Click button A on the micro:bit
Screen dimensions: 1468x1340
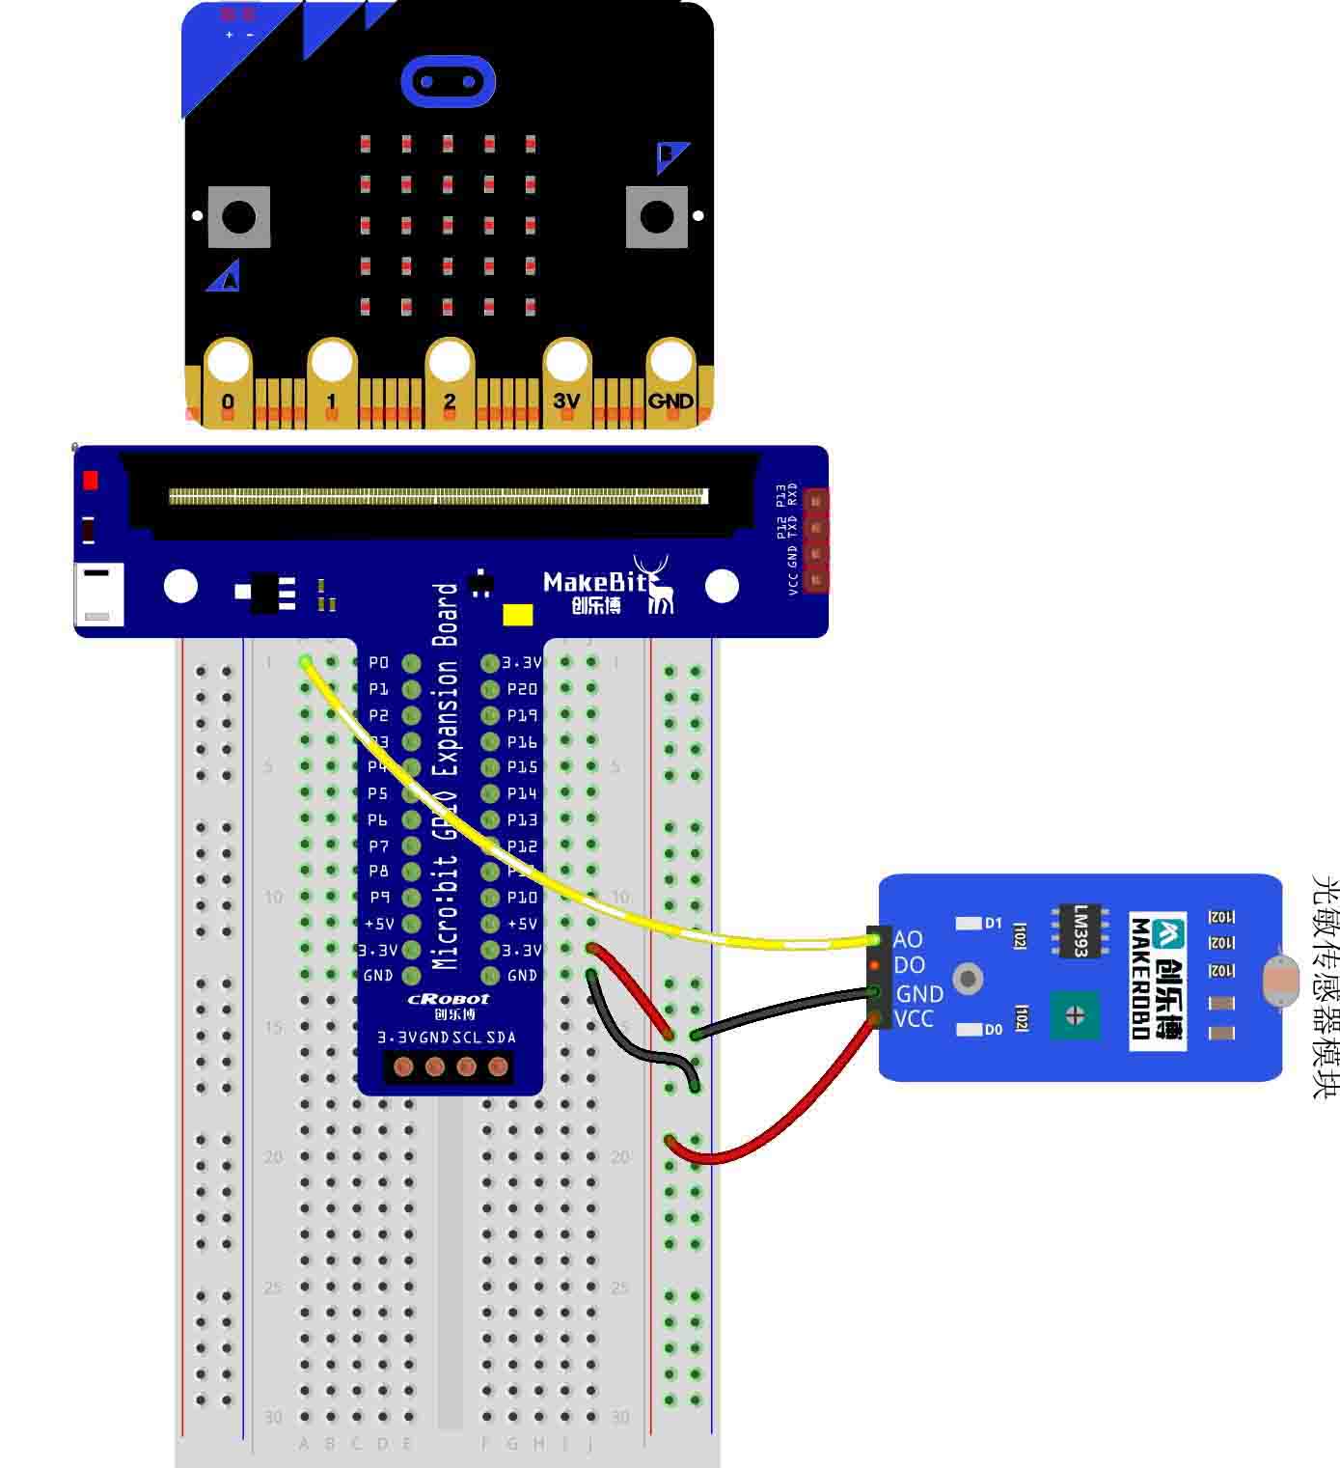[238, 217]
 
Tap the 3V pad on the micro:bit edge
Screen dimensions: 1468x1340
[566, 400]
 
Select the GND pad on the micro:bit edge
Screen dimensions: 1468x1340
[670, 400]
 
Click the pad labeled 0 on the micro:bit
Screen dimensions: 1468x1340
[228, 401]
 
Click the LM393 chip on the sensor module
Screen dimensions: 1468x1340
[1080, 930]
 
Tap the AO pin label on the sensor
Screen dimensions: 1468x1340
[908, 939]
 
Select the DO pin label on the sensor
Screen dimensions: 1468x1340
[909, 965]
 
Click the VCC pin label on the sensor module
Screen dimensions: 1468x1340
[913, 1019]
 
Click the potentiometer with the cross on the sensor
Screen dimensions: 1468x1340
[1075, 1014]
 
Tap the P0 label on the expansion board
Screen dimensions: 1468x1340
[378, 662]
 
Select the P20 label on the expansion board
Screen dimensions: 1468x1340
[522, 689]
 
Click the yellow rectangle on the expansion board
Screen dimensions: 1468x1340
[518, 615]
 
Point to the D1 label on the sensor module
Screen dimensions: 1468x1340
[993, 924]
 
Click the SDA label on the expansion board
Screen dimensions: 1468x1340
[502, 1038]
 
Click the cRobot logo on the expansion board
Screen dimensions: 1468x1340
[449, 999]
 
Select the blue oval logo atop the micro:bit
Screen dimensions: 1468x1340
[448, 81]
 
